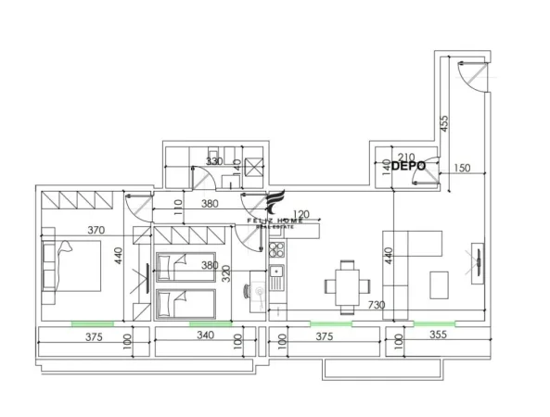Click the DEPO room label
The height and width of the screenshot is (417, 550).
click(x=408, y=168)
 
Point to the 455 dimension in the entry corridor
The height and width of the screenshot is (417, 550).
click(x=444, y=125)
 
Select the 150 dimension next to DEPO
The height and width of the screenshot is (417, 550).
click(x=463, y=169)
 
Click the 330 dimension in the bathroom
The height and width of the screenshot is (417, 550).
click(x=214, y=161)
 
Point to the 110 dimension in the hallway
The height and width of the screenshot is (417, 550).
click(x=179, y=208)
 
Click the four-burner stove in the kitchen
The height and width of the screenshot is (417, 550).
click(x=276, y=247)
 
